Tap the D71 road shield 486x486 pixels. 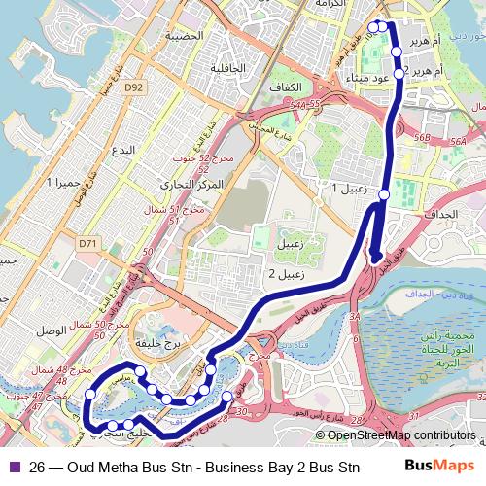88,243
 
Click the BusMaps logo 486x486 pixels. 438,465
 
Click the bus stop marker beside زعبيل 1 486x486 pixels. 384,195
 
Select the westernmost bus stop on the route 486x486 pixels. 90,394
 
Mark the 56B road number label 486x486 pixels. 422,139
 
